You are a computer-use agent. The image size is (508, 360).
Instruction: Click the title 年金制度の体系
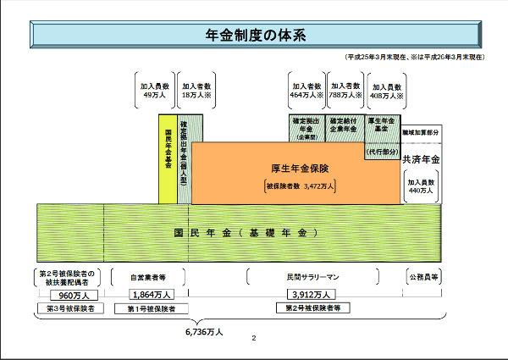(255, 36)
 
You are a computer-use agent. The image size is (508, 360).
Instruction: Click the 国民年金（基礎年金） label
(246, 232)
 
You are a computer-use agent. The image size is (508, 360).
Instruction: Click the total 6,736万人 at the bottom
(203, 332)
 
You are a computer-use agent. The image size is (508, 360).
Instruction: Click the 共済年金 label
(421, 159)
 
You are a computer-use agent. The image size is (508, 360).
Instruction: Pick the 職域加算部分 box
(421, 134)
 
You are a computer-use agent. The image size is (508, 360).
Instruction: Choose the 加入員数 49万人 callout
(156, 91)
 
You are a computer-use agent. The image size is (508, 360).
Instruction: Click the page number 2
(253, 339)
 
